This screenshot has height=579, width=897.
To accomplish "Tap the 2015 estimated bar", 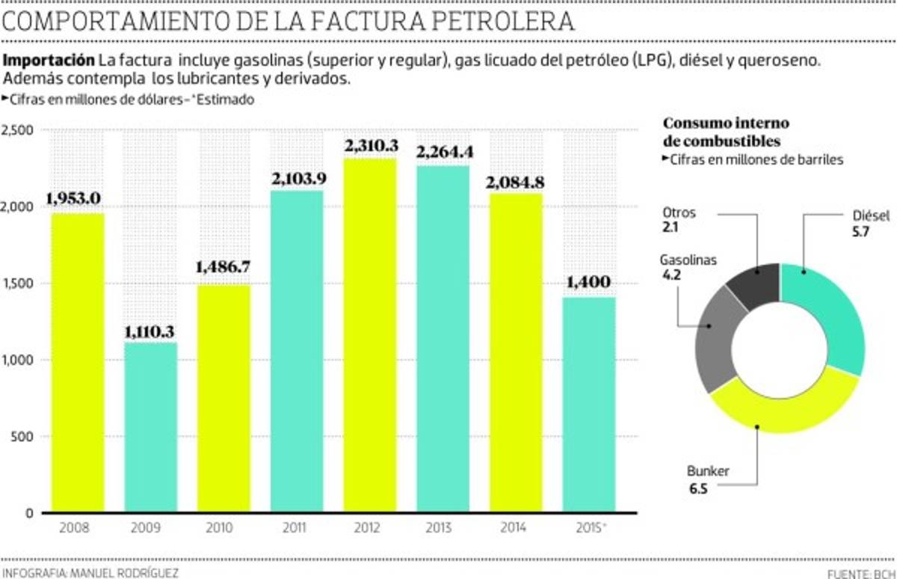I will [x=590, y=405].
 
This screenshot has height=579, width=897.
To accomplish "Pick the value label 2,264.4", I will [x=444, y=152].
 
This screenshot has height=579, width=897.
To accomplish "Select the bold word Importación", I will [x=49, y=61].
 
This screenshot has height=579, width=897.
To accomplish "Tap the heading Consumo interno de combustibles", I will [x=727, y=132].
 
